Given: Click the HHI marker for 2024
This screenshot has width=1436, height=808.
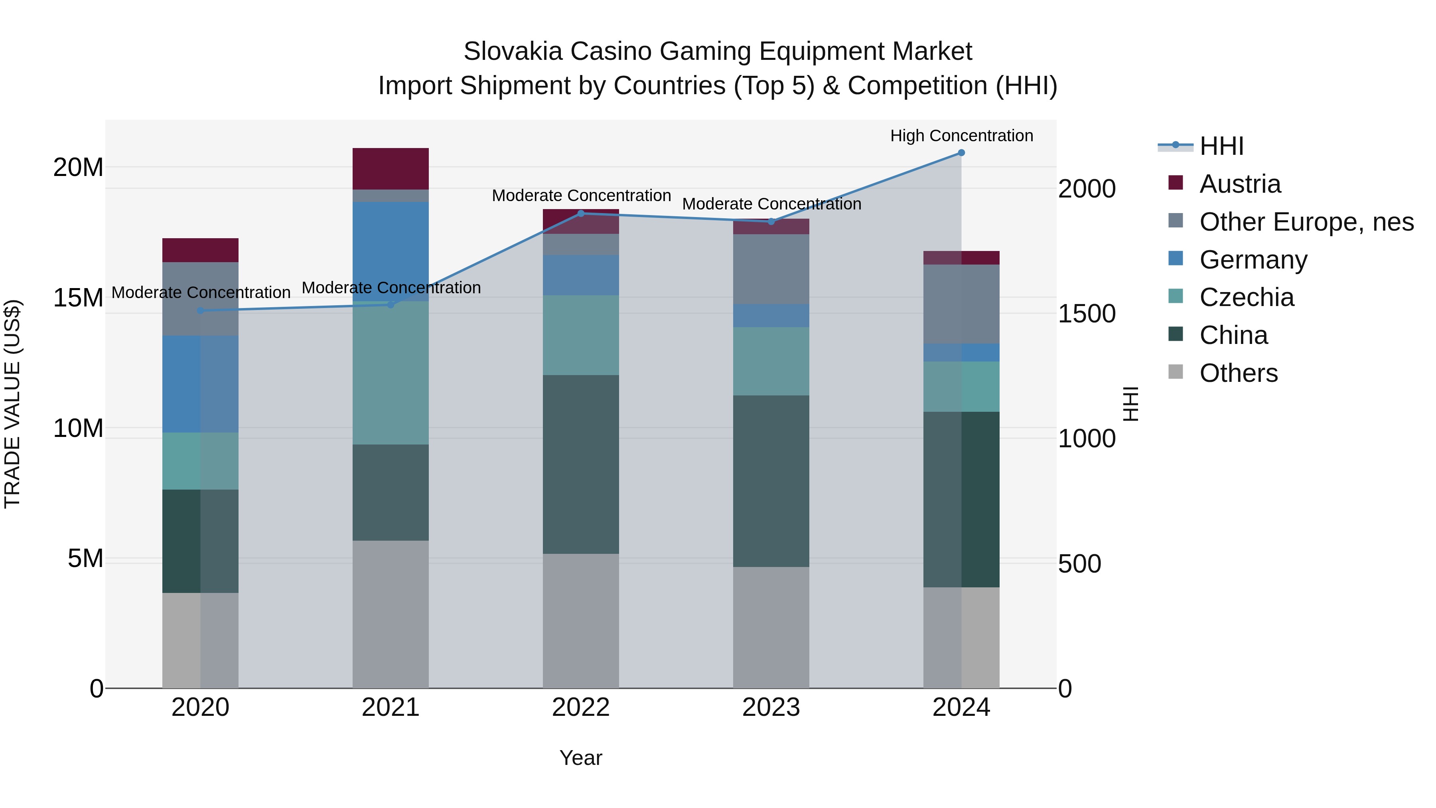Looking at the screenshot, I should [961, 153].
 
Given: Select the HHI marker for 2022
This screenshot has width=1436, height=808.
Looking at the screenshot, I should [581, 213].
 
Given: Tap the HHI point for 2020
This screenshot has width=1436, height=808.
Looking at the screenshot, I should [201, 310].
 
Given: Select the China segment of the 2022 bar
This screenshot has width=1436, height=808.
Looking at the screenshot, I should [581, 464].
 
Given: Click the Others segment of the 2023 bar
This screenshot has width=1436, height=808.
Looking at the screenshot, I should [771, 627].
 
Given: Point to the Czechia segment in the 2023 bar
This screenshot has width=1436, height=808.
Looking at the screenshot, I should [771, 362].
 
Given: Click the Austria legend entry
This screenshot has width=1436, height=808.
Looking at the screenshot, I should [1240, 184].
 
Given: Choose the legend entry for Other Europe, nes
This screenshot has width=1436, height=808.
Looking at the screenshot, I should [1306, 222].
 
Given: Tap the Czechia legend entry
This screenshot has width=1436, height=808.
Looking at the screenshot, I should [1247, 297].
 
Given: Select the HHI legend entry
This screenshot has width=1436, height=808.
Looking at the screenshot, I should [1221, 146].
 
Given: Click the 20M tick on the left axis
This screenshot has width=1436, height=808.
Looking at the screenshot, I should [78, 167].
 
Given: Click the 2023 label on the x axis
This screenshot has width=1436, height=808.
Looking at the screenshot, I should [771, 707].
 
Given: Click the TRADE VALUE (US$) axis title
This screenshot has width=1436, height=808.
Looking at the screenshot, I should [12, 404].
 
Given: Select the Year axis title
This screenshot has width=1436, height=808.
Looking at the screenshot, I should [581, 758].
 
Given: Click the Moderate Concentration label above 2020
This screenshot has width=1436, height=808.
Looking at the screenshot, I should [201, 293].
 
